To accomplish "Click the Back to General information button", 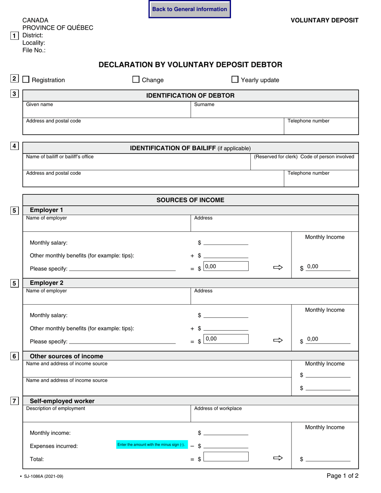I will [190, 9].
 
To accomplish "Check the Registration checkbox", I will [26, 80].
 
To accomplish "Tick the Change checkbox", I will [136, 80].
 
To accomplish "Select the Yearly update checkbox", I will [235, 80].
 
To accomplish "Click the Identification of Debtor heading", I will [190, 95].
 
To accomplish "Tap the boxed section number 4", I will [14, 146].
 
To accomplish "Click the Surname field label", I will [204, 105].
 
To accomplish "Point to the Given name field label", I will [39, 105].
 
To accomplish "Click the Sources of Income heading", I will [190, 200].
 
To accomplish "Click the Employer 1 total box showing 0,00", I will [226, 266].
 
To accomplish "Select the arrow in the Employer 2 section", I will [278, 340].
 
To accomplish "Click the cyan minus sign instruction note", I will [151, 445].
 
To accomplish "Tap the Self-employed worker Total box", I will [226, 457].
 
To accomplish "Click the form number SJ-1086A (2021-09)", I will [44, 477].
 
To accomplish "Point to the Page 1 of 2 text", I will [342, 476].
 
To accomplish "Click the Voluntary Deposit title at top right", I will [324, 20].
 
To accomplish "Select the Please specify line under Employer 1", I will [122, 269].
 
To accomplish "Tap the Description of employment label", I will [55, 408].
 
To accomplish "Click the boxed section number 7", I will [14, 401].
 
